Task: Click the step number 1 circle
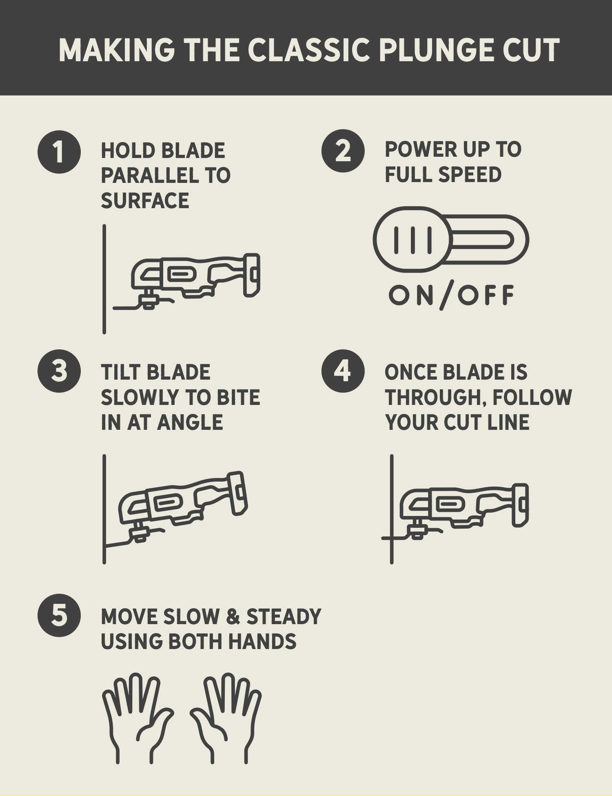[59, 152]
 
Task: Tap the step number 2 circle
[343, 151]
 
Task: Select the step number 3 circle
[59, 371]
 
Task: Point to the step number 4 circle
[343, 371]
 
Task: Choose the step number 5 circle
[59, 615]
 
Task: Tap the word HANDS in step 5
[262, 641]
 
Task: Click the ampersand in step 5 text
[233, 616]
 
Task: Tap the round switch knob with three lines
[412, 240]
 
